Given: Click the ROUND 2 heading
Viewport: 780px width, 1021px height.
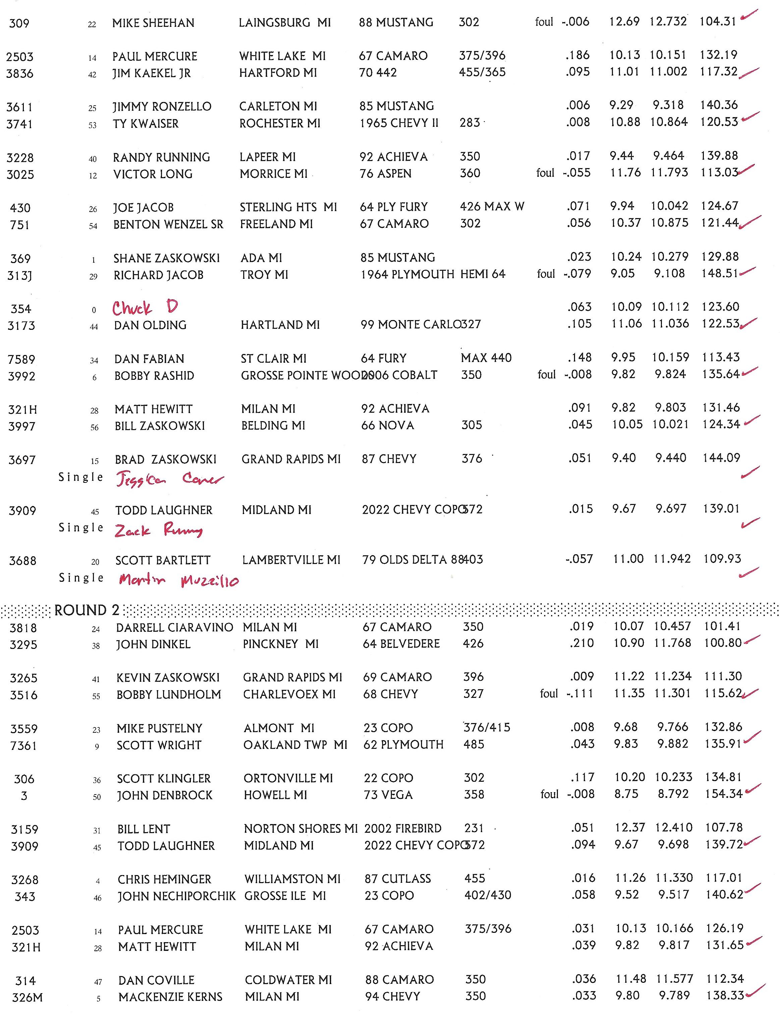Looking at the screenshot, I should click(87, 610).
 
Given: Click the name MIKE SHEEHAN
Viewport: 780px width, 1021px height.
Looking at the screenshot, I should click(153, 23).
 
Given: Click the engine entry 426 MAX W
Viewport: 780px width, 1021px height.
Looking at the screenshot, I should click(492, 207).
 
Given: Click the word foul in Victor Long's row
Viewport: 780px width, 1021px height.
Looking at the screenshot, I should click(545, 173).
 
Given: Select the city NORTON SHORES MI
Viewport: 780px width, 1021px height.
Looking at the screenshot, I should click(300, 828).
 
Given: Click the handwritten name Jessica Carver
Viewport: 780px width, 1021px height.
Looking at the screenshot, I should click(169, 479).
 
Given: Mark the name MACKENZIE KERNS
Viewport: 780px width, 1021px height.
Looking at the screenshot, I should click(170, 997).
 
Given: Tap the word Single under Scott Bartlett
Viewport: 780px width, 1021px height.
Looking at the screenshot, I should click(81, 577).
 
